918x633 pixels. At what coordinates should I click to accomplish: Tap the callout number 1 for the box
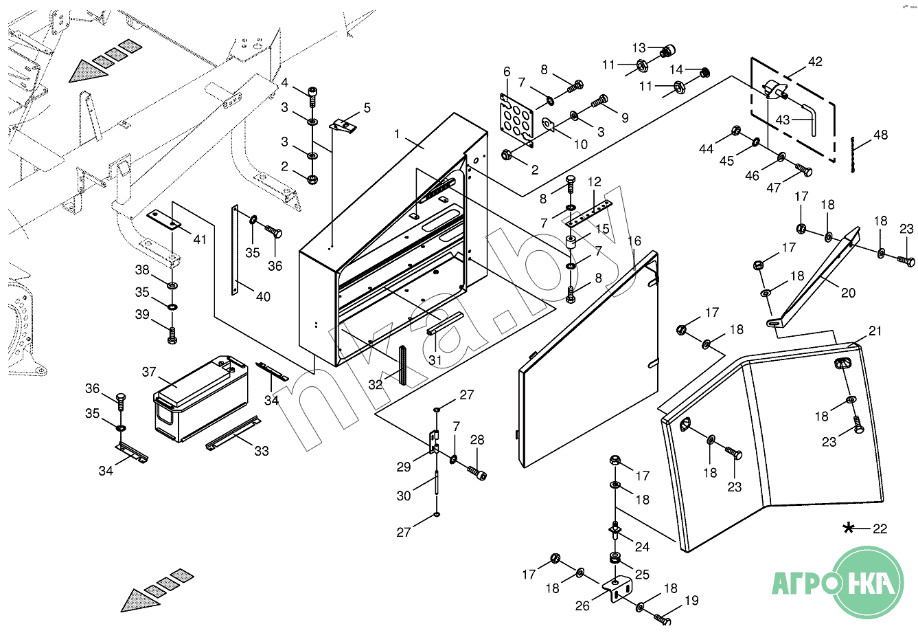coord(397,134)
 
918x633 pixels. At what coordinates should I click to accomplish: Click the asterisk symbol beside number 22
coord(849,528)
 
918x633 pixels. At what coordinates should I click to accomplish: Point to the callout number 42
coord(815,62)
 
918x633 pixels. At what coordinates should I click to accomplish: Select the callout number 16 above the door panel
coord(634,241)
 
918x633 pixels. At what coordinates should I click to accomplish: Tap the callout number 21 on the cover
coord(875,331)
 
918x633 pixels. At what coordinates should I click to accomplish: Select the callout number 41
coord(200,239)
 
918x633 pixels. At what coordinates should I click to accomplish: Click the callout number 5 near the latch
coord(367,108)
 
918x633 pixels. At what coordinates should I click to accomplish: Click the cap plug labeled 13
coord(668,50)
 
